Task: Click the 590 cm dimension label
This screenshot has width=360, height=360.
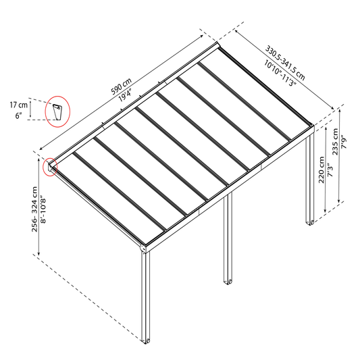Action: (121, 86)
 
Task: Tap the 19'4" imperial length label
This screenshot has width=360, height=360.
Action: (126, 95)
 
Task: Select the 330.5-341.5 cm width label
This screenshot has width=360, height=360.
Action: (285, 63)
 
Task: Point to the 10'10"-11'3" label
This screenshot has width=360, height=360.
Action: (280, 73)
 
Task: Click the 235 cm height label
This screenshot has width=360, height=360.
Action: (335, 141)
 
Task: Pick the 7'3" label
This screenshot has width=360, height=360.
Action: (330, 170)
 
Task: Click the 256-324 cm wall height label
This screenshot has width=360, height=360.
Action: (34, 209)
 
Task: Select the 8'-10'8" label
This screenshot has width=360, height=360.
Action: (43, 209)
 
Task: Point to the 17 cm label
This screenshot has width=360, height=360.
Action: (19, 105)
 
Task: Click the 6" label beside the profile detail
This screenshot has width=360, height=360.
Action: (18, 116)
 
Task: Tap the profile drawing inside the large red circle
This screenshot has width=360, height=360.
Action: (57, 112)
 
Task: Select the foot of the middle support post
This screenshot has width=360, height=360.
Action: (228, 282)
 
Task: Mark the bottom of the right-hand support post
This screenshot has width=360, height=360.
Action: (310, 222)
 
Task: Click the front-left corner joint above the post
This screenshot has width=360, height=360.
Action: (143, 249)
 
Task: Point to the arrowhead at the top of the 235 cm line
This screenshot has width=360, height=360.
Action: (339, 110)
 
